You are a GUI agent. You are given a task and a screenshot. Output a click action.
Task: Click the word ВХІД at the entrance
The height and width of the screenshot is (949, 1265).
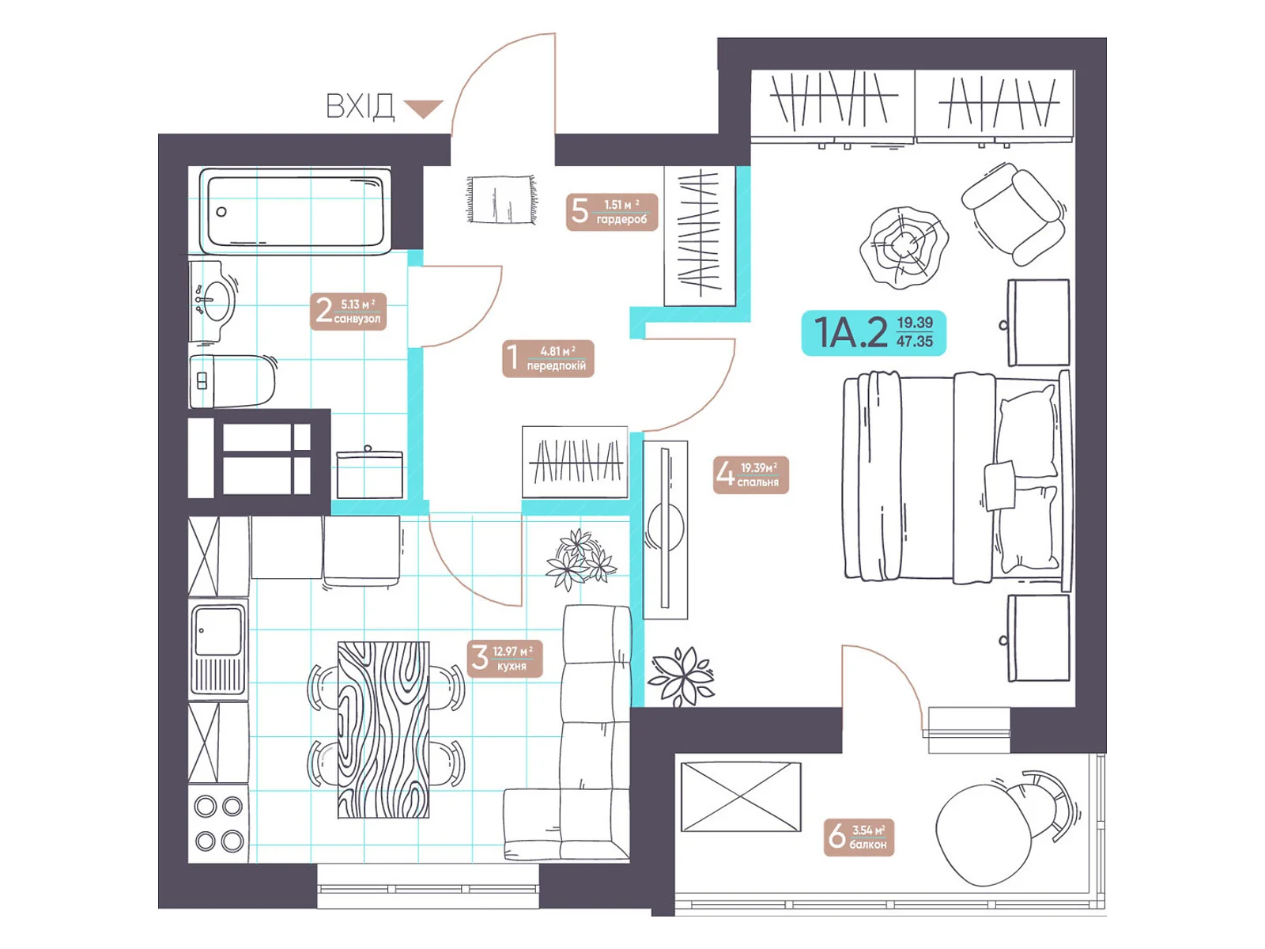tap(360, 107)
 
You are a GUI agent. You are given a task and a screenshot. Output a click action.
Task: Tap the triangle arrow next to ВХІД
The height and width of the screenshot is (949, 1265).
tap(423, 108)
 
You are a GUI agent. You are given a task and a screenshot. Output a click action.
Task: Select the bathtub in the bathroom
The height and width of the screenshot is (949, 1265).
tap(295, 210)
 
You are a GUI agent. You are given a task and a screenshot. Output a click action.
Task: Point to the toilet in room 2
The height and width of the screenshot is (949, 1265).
tap(232, 381)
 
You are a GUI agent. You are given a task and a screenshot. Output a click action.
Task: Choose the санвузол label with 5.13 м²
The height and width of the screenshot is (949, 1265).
tap(348, 311)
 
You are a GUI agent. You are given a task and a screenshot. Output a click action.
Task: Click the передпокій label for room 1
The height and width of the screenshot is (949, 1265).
tap(548, 358)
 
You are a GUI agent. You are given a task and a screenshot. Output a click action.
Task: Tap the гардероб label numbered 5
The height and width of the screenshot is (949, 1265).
tap(611, 212)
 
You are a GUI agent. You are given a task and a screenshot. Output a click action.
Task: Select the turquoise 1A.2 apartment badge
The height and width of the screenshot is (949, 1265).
tap(874, 332)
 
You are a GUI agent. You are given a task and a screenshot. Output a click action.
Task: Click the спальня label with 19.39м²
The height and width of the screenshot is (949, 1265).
tap(750, 475)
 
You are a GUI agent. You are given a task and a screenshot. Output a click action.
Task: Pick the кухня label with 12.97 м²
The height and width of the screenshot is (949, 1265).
tap(505, 659)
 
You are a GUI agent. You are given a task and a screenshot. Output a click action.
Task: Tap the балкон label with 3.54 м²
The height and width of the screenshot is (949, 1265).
tap(859, 837)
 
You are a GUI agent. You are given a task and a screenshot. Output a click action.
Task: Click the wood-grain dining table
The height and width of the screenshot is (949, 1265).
tap(383, 729)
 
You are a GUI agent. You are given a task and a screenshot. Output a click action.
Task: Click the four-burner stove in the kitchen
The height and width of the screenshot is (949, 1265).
tap(218, 823)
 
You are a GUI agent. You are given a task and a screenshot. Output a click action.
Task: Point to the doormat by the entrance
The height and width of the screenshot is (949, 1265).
tap(500, 198)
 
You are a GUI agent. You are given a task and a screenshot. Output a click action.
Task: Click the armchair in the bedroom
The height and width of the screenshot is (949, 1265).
tap(1014, 214)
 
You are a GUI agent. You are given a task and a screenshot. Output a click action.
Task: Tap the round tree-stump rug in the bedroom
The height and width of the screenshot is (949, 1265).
tap(903, 248)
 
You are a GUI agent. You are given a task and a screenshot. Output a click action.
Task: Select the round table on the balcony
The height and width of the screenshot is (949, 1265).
tap(984, 835)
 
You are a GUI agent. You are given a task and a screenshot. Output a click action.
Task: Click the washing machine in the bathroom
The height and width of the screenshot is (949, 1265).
tap(369, 475)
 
